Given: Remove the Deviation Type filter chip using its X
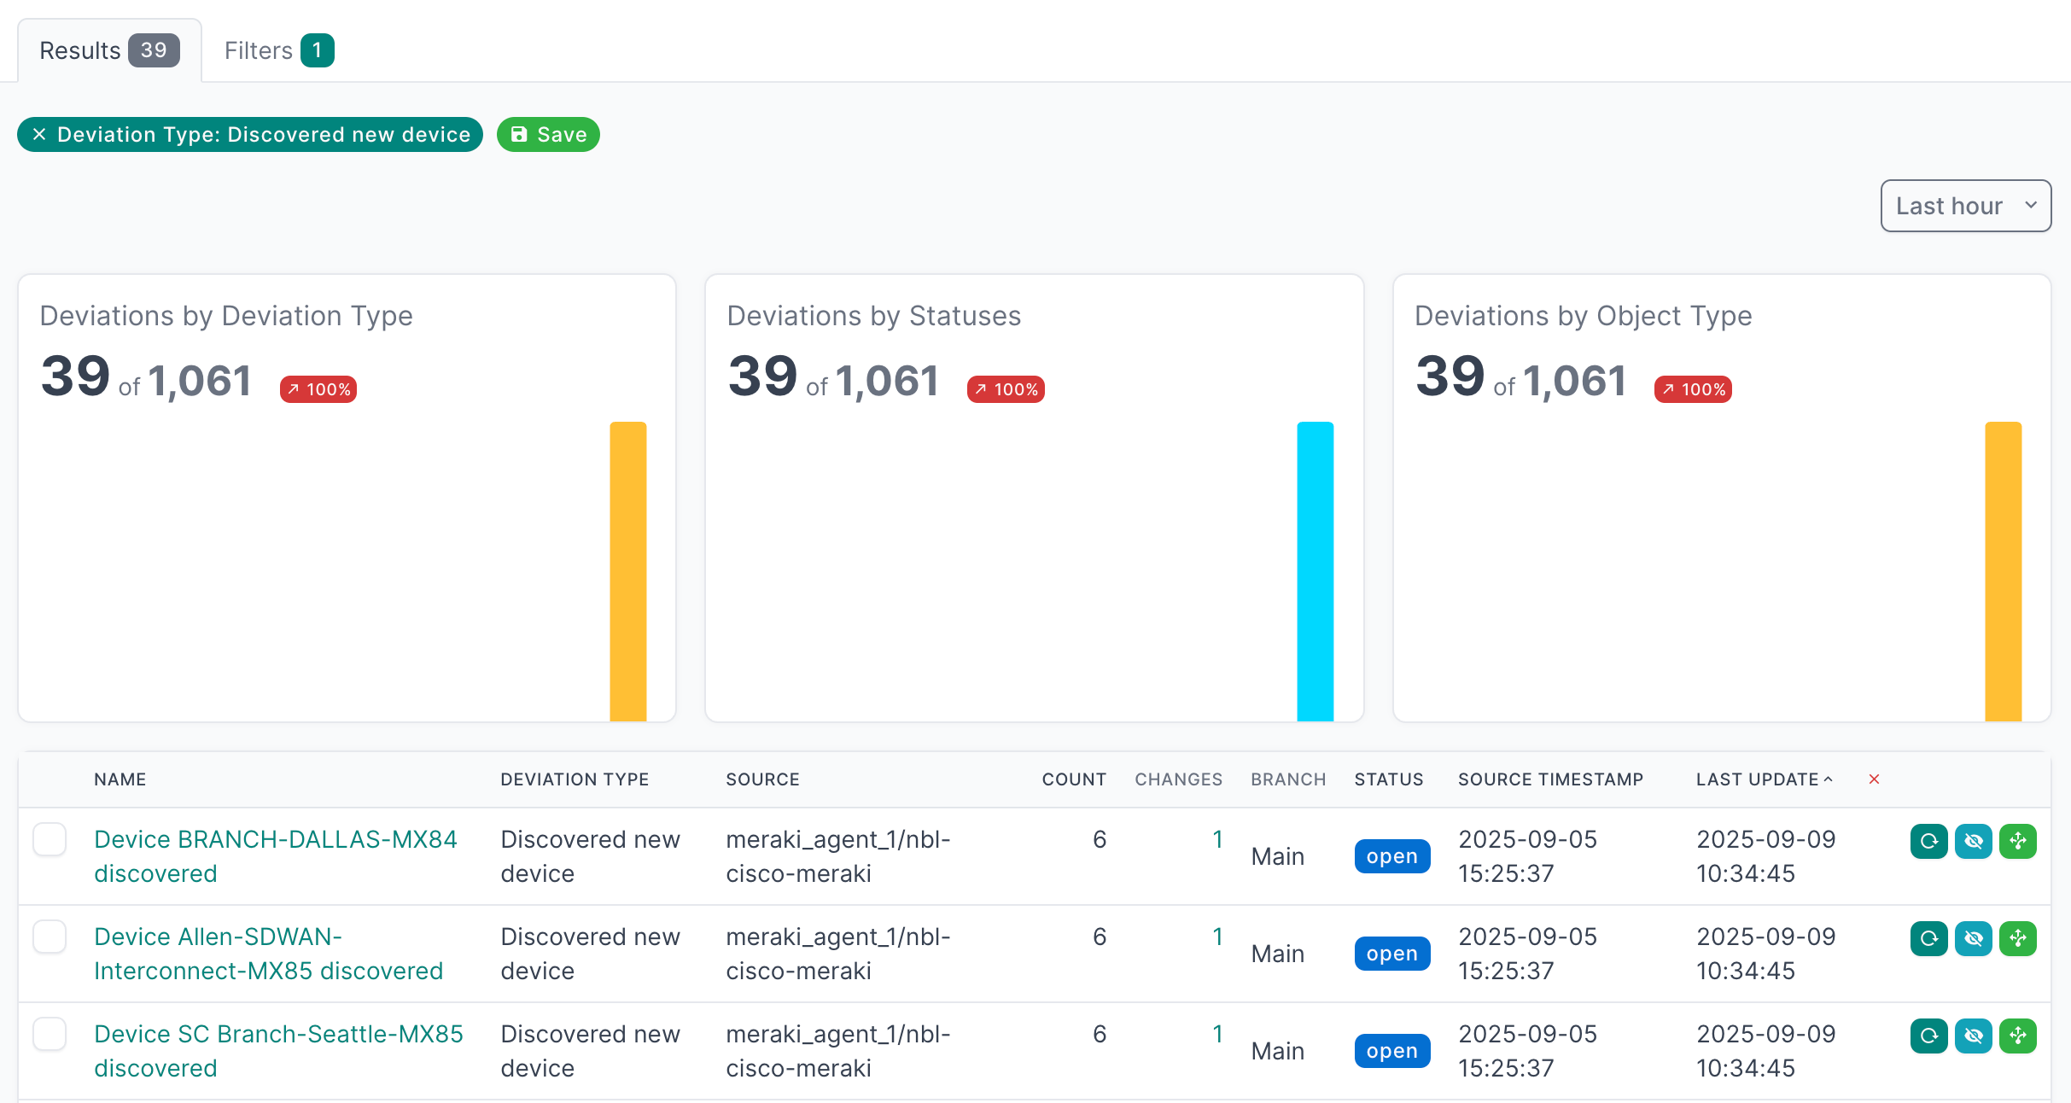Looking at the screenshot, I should tap(39, 135).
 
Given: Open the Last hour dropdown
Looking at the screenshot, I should tap(1965, 206).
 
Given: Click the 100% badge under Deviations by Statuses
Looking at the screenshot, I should tap(1006, 389).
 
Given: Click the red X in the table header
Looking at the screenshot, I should tap(1874, 779).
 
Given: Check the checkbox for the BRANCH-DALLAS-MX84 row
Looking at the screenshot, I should tap(50, 839).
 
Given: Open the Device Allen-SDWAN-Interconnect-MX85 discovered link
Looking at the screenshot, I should tap(268, 954).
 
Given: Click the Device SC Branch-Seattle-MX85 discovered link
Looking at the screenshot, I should tap(278, 1051).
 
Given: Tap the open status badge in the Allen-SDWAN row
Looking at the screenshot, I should tap(1391, 954).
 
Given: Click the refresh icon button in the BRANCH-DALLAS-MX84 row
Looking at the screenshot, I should tap(1928, 841).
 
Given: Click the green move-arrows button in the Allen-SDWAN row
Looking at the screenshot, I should tap(2018, 938).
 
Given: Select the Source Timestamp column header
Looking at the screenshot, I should tap(1550, 779).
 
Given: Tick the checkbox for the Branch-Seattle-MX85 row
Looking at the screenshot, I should tap(50, 1034).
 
